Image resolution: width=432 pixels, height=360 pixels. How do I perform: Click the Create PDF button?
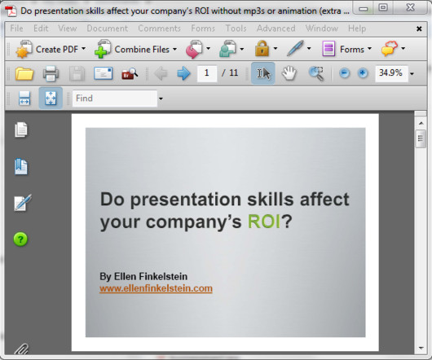[51, 49]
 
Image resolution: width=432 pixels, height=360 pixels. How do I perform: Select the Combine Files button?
[135, 49]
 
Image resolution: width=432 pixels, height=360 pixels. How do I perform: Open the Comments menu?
[159, 29]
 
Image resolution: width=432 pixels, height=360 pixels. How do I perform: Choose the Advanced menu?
[276, 29]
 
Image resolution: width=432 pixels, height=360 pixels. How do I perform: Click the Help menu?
[357, 29]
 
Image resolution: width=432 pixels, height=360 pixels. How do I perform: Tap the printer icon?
[51, 73]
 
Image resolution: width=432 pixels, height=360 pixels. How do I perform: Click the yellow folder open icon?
[24, 73]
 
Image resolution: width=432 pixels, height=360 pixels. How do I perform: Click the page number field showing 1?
[207, 73]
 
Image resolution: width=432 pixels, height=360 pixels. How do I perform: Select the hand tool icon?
[289, 73]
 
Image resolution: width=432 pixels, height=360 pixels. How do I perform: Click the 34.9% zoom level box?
[391, 73]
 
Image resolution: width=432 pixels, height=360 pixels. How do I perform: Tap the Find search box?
[115, 99]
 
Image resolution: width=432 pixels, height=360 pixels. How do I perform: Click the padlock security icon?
[262, 49]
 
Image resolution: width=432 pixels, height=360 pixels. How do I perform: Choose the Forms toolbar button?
[346, 49]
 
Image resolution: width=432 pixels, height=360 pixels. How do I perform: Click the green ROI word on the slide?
[263, 222]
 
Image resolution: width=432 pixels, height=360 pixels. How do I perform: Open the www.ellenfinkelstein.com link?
[156, 288]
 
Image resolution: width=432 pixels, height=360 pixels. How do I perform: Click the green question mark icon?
[20, 239]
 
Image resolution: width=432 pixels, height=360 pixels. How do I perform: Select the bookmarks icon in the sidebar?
[21, 166]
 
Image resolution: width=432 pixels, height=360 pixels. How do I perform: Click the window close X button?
[411, 7]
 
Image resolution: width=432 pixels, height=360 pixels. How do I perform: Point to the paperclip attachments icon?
[21, 349]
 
